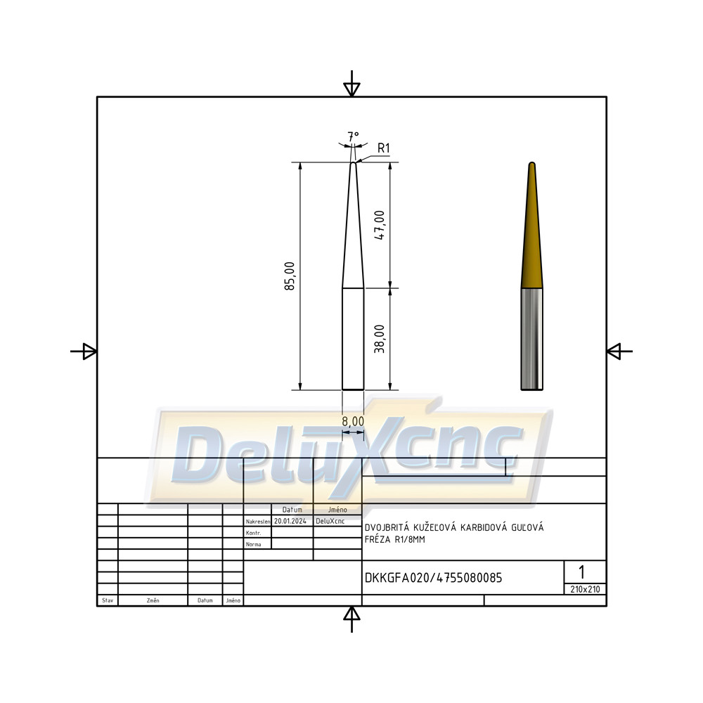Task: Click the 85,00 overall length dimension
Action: pyautogui.click(x=290, y=276)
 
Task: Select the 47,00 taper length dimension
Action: pyautogui.click(x=380, y=225)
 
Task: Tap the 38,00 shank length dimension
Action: pyautogui.click(x=380, y=339)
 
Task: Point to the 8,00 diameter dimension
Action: pyautogui.click(x=353, y=421)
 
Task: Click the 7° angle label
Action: pyautogui.click(x=354, y=136)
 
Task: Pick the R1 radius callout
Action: pyautogui.click(x=384, y=148)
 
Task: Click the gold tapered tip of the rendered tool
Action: pyautogui.click(x=532, y=225)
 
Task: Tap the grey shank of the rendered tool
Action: pyautogui.click(x=532, y=339)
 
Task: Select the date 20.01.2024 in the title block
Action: pyautogui.click(x=290, y=521)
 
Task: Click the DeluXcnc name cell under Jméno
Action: pyautogui.click(x=330, y=521)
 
